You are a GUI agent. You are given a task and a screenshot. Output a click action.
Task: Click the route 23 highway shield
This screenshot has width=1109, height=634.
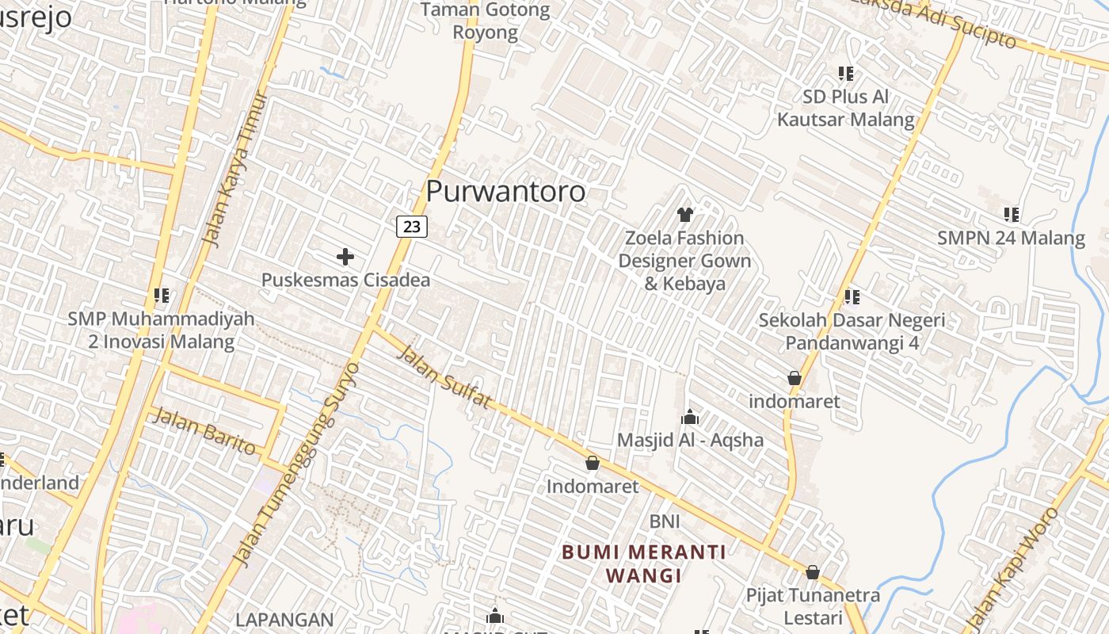[412, 227]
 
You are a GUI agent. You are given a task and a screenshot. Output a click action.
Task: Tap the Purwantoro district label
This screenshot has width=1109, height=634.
[505, 191]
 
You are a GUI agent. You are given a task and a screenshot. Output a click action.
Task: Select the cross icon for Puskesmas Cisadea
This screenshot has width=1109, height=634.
[345, 257]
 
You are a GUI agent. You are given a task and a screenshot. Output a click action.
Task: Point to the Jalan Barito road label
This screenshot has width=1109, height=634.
[204, 431]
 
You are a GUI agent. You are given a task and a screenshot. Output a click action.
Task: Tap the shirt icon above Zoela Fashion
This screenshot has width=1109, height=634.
[685, 214]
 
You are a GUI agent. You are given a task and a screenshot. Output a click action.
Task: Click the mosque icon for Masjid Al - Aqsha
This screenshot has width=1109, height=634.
[690, 417]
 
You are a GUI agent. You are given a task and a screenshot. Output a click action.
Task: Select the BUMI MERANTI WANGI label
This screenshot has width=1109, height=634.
[644, 563]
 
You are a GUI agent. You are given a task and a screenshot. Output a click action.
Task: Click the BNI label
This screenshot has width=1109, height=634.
[665, 521]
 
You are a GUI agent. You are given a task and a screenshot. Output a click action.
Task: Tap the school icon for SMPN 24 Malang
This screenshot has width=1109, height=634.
[1011, 214]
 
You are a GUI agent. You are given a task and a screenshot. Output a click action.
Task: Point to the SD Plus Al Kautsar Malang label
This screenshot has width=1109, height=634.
[846, 109]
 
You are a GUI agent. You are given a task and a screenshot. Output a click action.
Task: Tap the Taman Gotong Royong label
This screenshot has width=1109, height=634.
[485, 21]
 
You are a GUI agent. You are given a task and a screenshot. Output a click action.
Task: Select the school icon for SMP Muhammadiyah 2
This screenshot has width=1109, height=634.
[162, 296]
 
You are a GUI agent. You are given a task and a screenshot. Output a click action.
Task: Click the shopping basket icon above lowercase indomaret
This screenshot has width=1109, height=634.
[795, 379]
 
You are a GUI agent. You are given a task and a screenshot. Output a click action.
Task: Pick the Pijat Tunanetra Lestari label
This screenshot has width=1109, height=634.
[813, 606]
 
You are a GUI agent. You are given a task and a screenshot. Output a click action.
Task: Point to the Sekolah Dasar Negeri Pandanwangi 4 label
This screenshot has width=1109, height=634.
[852, 331]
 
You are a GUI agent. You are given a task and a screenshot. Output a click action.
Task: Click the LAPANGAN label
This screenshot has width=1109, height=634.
[284, 619]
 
